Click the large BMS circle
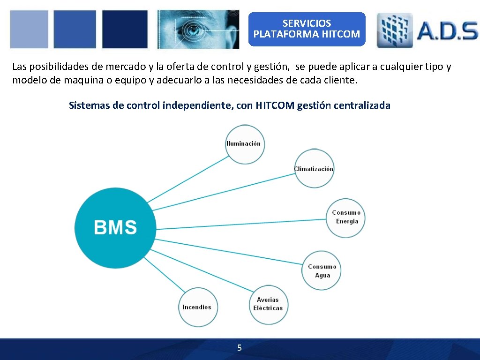[115, 228]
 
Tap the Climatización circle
[314, 169]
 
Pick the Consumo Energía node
[346, 217]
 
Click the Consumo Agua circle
[322, 271]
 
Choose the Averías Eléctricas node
[268, 304]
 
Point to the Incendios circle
[197, 307]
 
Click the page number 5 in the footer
[240, 348]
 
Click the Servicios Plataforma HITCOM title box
[307, 29]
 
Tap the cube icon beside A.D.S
[394, 30]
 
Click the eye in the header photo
[194, 30]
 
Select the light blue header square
[29, 29]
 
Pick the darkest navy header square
[125, 29]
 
